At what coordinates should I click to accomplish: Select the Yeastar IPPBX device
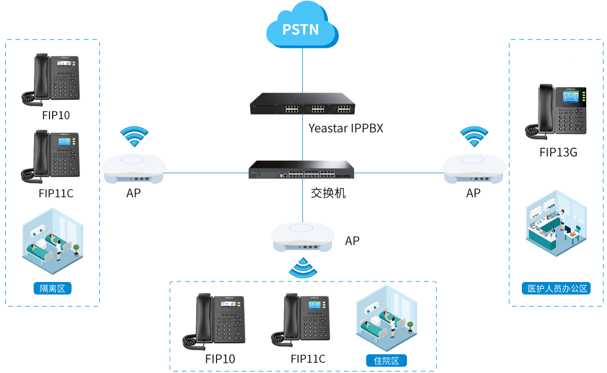coord(302,104)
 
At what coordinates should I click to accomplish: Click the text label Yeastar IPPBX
coord(346,128)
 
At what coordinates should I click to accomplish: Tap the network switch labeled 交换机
coord(302,170)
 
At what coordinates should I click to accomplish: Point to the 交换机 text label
coord(328,193)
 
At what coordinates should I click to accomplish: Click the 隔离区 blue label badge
coord(52,288)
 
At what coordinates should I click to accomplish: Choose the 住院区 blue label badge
coord(386,361)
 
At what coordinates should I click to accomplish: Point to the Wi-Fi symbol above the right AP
coord(473,137)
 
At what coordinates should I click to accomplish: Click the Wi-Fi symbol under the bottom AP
coord(303,268)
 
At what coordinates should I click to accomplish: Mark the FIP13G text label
coord(558,152)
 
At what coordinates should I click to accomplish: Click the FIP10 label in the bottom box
coord(220,359)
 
